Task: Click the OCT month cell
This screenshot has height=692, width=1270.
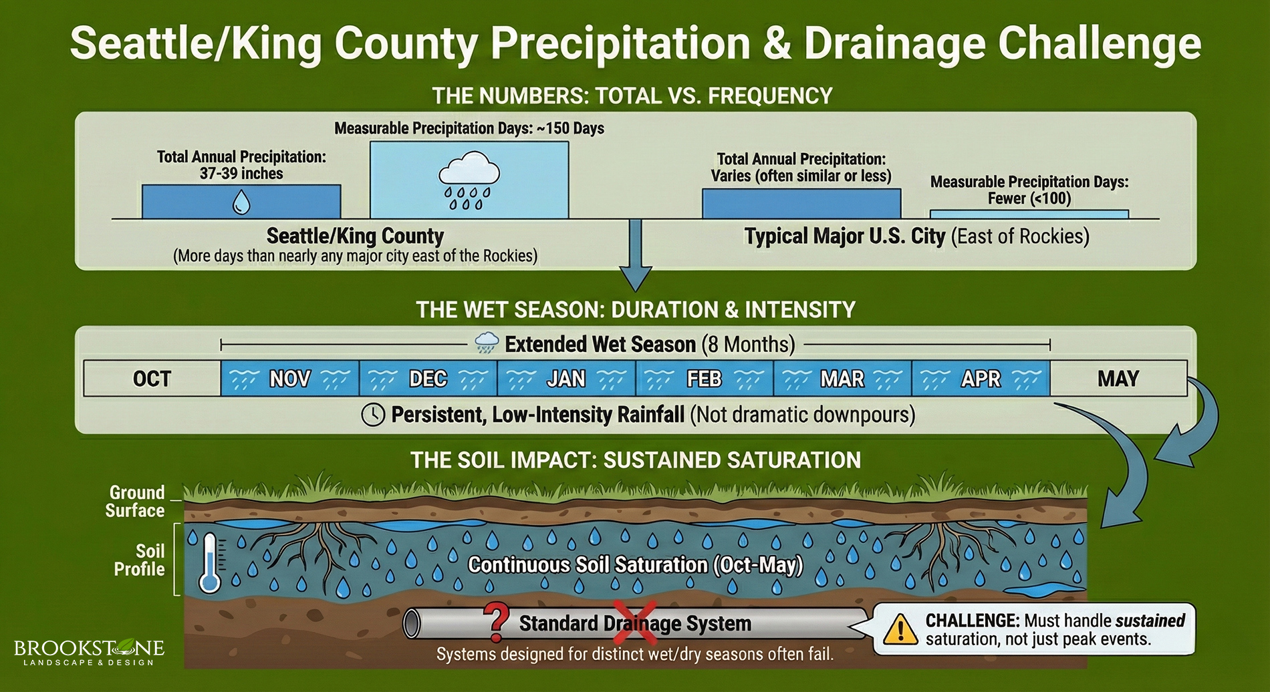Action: (x=152, y=379)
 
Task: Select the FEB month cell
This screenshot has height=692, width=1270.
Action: (x=705, y=379)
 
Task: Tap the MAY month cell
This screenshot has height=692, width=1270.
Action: (x=1118, y=379)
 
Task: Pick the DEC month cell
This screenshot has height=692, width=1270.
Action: (x=428, y=379)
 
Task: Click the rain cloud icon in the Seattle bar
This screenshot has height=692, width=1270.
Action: (x=469, y=180)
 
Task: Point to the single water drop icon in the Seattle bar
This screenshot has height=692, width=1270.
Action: (x=241, y=202)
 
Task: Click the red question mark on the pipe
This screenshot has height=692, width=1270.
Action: (x=496, y=622)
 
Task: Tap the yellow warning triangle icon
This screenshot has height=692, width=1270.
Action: (x=900, y=629)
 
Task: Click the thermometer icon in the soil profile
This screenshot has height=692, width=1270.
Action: (x=211, y=562)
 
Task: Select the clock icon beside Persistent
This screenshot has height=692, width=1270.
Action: (x=373, y=415)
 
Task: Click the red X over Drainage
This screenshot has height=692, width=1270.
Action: (x=634, y=623)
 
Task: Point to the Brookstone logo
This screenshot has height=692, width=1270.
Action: (x=89, y=652)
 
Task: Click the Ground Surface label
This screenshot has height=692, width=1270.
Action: (x=136, y=502)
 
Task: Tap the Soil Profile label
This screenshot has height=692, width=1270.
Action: (x=140, y=560)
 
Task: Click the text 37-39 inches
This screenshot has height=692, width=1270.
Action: (x=241, y=174)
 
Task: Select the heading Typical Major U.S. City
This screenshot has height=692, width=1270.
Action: (x=845, y=236)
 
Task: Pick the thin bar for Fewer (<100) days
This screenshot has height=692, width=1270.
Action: (x=1029, y=214)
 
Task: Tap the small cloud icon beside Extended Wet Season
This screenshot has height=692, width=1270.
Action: (x=487, y=343)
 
